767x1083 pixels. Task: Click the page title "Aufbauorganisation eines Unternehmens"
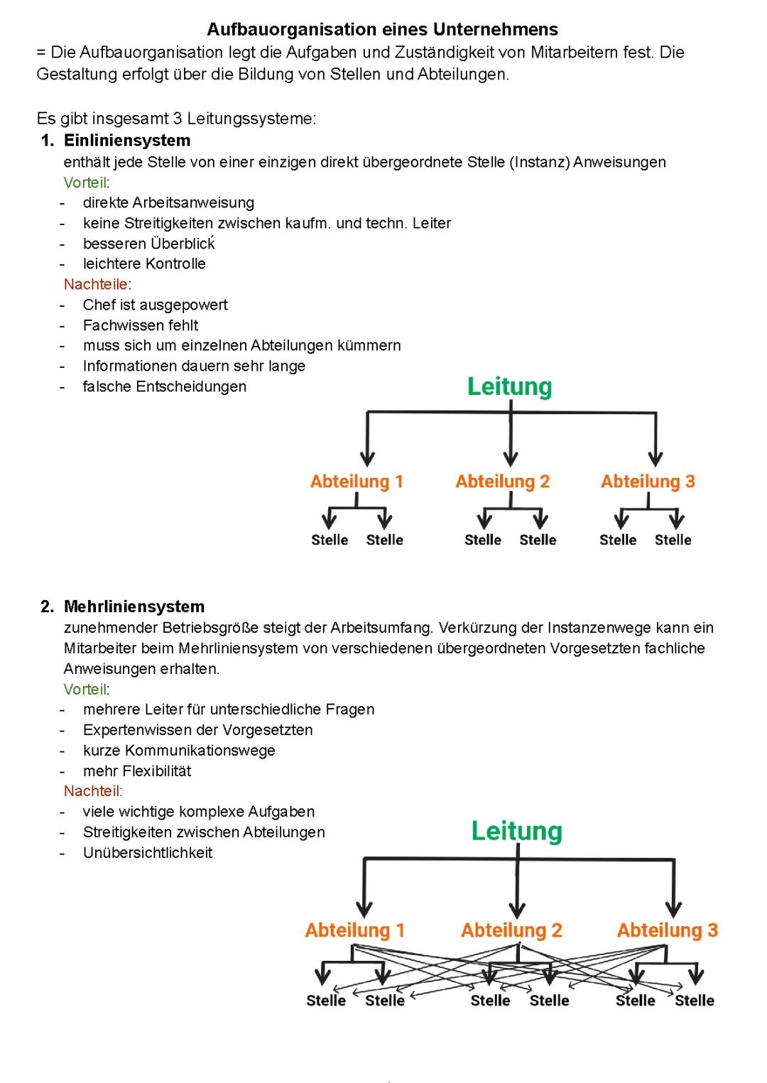click(382, 29)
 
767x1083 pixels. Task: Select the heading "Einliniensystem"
click(127, 140)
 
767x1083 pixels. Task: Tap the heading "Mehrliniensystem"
click(134, 606)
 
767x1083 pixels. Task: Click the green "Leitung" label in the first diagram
click(509, 386)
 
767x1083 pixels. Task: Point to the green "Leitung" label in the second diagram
click(516, 831)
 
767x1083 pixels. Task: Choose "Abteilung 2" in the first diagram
click(503, 481)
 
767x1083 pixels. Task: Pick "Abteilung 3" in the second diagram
click(667, 930)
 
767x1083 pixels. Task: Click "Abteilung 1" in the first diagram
click(357, 481)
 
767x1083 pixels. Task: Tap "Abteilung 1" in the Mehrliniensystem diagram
click(354, 930)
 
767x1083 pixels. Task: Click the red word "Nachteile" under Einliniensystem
click(96, 284)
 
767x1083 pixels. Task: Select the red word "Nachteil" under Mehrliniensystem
click(92, 791)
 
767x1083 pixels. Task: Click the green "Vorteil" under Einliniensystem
click(85, 183)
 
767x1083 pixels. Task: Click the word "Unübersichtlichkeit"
click(148, 852)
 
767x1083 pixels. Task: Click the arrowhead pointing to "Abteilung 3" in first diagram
click(656, 458)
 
